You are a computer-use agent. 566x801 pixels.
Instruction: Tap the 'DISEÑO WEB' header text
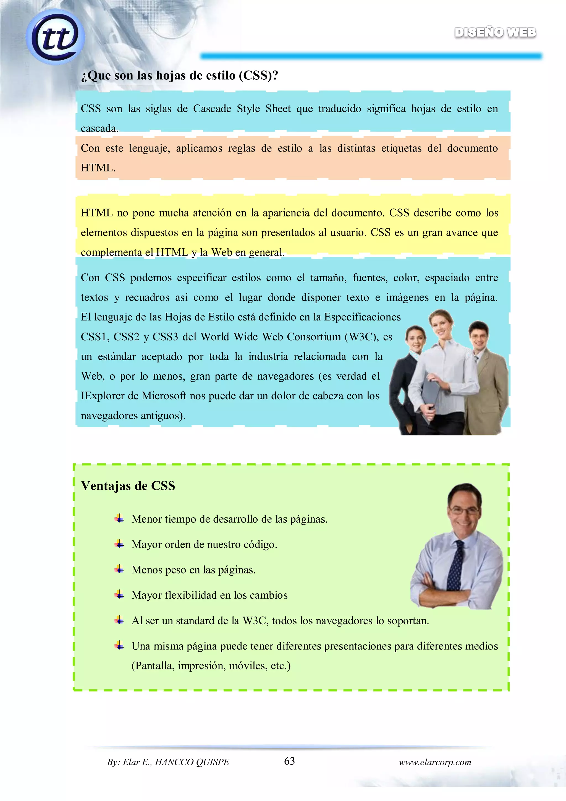[495, 32]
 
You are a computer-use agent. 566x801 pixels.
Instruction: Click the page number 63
[289, 761]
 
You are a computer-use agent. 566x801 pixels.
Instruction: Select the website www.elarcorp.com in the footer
[435, 762]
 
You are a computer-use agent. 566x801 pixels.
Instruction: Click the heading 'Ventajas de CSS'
[128, 486]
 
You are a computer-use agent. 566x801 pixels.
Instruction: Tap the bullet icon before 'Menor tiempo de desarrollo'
[119, 518]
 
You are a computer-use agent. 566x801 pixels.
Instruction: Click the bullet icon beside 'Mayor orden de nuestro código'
[119, 544]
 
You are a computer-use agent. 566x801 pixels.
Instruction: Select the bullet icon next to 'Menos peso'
[119, 569]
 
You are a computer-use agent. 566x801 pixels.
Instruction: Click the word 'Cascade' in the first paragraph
[212, 109]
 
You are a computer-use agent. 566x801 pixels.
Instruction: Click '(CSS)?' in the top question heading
[258, 75]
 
